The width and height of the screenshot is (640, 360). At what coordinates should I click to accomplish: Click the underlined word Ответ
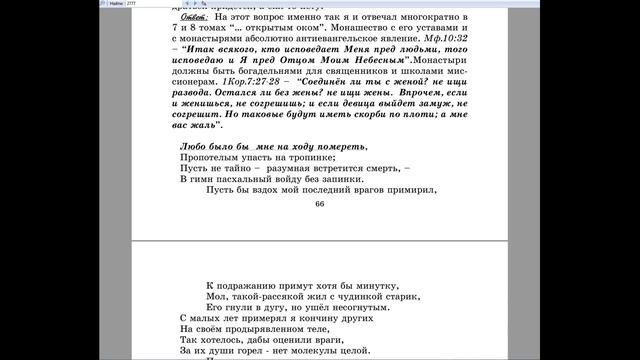click(183, 19)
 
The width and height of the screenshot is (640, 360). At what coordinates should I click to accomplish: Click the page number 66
click(320, 204)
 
